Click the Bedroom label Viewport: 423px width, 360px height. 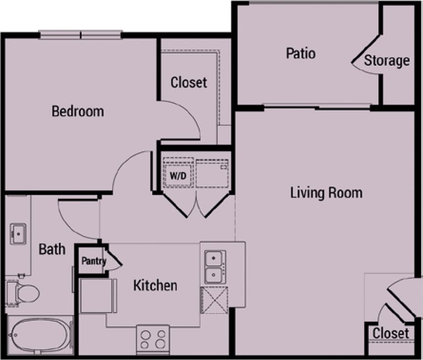(78, 111)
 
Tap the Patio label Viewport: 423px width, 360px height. (301, 53)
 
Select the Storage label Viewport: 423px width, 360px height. (386, 60)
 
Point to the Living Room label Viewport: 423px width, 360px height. (326, 192)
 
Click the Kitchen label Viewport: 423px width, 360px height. (155, 286)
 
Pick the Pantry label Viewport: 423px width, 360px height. (94, 262)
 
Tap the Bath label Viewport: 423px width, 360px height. (52, 249)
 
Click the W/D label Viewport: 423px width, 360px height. (177, 175)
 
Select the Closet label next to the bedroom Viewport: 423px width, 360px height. (188, 83)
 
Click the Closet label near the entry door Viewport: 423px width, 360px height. (391, 333)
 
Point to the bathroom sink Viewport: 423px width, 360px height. (18, 234)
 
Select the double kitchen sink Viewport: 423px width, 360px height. (214, 267)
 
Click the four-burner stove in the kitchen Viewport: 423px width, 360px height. (153, 339)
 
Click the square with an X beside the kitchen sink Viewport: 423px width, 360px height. (215, 300)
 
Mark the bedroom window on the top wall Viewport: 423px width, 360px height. (80, 34)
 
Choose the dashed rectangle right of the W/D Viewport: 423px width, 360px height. (212, 173)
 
